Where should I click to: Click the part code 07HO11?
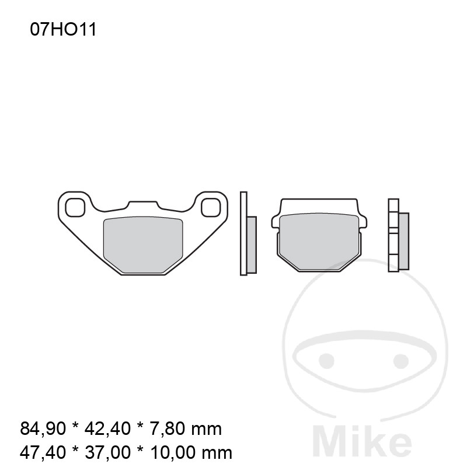(63, 30)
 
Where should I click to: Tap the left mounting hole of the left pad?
(75, 207)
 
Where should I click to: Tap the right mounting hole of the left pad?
(211, 207)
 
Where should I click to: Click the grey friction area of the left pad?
(143, 244)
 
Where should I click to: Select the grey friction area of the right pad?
(319, 241)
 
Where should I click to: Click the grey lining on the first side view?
(252, 245)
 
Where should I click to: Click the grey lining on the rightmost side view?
(404, 241)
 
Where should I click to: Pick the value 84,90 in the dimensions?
(43, 428)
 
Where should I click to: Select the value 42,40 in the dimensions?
(107, 428)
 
